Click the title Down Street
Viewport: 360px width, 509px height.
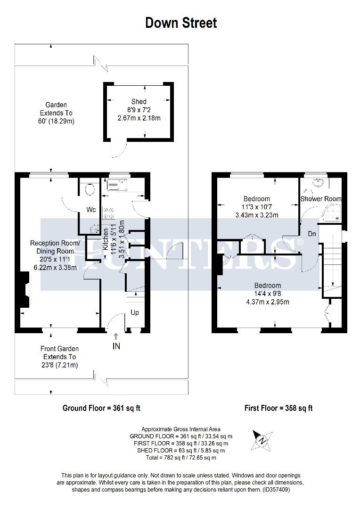(181, 23)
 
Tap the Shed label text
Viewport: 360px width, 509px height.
(139, 102)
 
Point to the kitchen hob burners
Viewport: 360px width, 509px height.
(109, 213)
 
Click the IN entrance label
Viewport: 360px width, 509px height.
(116, 346)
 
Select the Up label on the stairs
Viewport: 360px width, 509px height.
(134, 312)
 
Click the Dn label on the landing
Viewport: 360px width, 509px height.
(311, 234)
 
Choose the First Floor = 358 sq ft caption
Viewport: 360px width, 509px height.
(278, 408)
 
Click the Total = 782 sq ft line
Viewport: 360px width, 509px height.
(181, 457)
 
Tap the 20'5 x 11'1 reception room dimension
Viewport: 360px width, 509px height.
(56, 259)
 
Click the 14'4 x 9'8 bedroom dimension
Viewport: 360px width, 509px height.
(268, 294)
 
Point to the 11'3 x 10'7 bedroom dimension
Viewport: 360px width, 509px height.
(257, 207)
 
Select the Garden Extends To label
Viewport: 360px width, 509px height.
(56, 113)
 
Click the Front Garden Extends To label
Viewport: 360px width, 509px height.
(58, 357)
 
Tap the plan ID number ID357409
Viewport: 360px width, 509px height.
(276, 490)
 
